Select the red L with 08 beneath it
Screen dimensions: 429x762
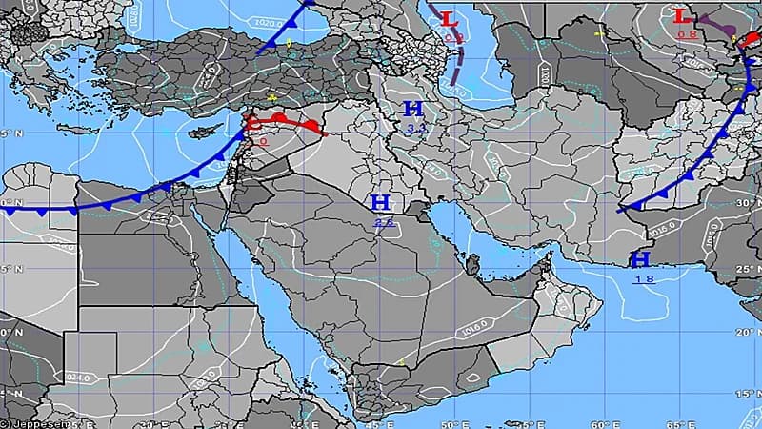(x=682, y=16)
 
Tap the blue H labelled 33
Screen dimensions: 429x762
(x=414, y=109)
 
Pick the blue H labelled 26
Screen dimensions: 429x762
(x=380, y=202)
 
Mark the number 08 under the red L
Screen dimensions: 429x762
(x=685, y=34)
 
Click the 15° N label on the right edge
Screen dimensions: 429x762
(x=749, y=393)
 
